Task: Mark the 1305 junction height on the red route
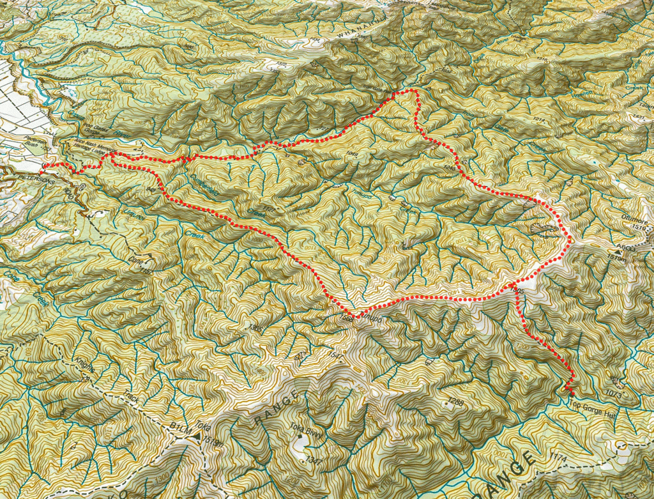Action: [518, 290]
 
